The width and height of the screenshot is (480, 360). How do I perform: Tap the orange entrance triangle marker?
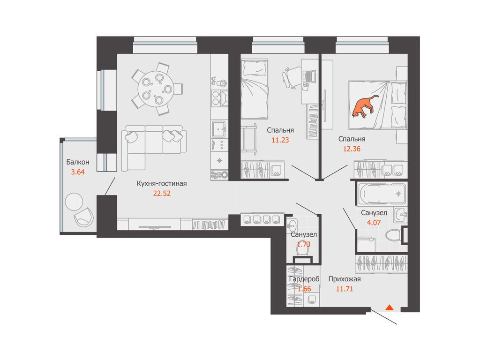pos(390,307)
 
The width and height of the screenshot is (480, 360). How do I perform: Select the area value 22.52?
pos(162,194)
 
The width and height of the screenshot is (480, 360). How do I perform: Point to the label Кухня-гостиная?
pos(162,184)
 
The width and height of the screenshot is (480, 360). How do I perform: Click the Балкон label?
pos(78,162)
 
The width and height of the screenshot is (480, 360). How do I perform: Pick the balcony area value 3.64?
pos(78,172)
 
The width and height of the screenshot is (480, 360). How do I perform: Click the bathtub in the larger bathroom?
pos(382,194)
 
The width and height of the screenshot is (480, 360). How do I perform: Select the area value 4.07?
pos(374,223)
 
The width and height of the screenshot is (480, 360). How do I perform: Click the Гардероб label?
pos(304,279)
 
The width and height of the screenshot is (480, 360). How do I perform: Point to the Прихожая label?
pos(345,279)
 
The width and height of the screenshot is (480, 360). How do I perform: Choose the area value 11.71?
pos(345,289)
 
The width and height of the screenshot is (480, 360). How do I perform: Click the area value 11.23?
pos(280,140)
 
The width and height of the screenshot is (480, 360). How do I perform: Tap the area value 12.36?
pos(352,149)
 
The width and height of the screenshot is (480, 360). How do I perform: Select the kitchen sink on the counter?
pos(219,129)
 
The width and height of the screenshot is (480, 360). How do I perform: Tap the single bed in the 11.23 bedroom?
pos(255,89)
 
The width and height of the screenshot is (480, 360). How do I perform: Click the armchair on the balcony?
pos(83,217)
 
